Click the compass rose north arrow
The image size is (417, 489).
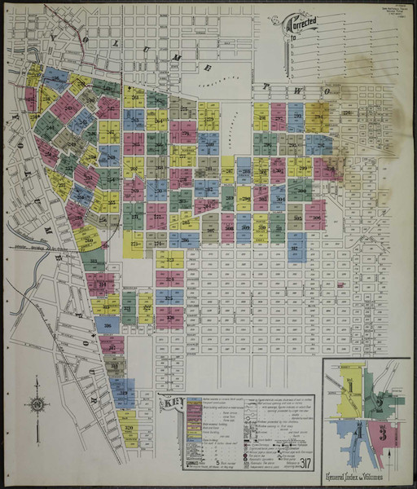(x=36, y=404)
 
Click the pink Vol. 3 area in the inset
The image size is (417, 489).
(x=381, y=431)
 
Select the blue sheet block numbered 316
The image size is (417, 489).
(x=107, y=324)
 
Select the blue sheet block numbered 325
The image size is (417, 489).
(x=169, y=297)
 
